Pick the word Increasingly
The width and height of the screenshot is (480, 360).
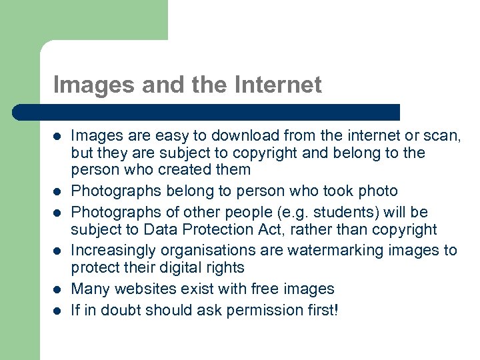[109, 251]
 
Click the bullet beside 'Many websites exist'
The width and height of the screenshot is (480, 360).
[57, 289]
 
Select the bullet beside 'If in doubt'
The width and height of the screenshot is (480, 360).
[57, 311]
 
